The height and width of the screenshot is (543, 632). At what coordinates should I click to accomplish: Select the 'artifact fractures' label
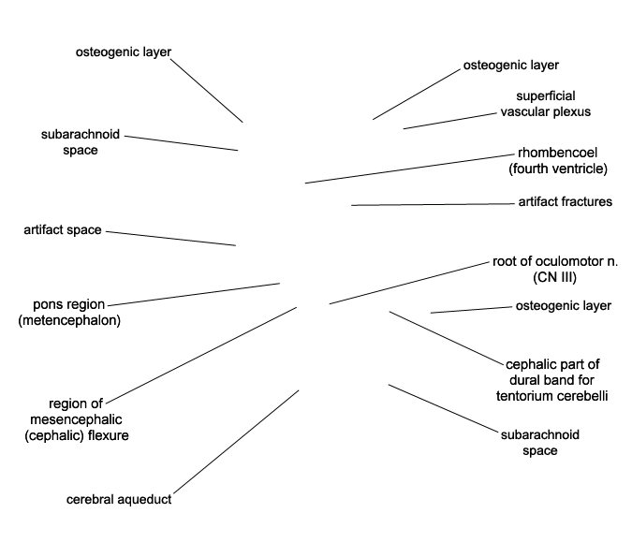tap(565, 202)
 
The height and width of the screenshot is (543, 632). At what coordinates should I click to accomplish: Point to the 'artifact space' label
tap(62, 230)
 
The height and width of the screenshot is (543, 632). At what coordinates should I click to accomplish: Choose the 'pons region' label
tap(68, 305)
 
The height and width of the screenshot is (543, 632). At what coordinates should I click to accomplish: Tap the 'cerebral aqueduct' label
tap(119, 500)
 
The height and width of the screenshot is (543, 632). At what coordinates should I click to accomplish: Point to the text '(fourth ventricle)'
tap(558, 169)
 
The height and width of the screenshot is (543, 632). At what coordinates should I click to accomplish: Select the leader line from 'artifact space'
tap(169, 238)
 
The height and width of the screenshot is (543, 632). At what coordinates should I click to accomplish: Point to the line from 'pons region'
tap(193, 293)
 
